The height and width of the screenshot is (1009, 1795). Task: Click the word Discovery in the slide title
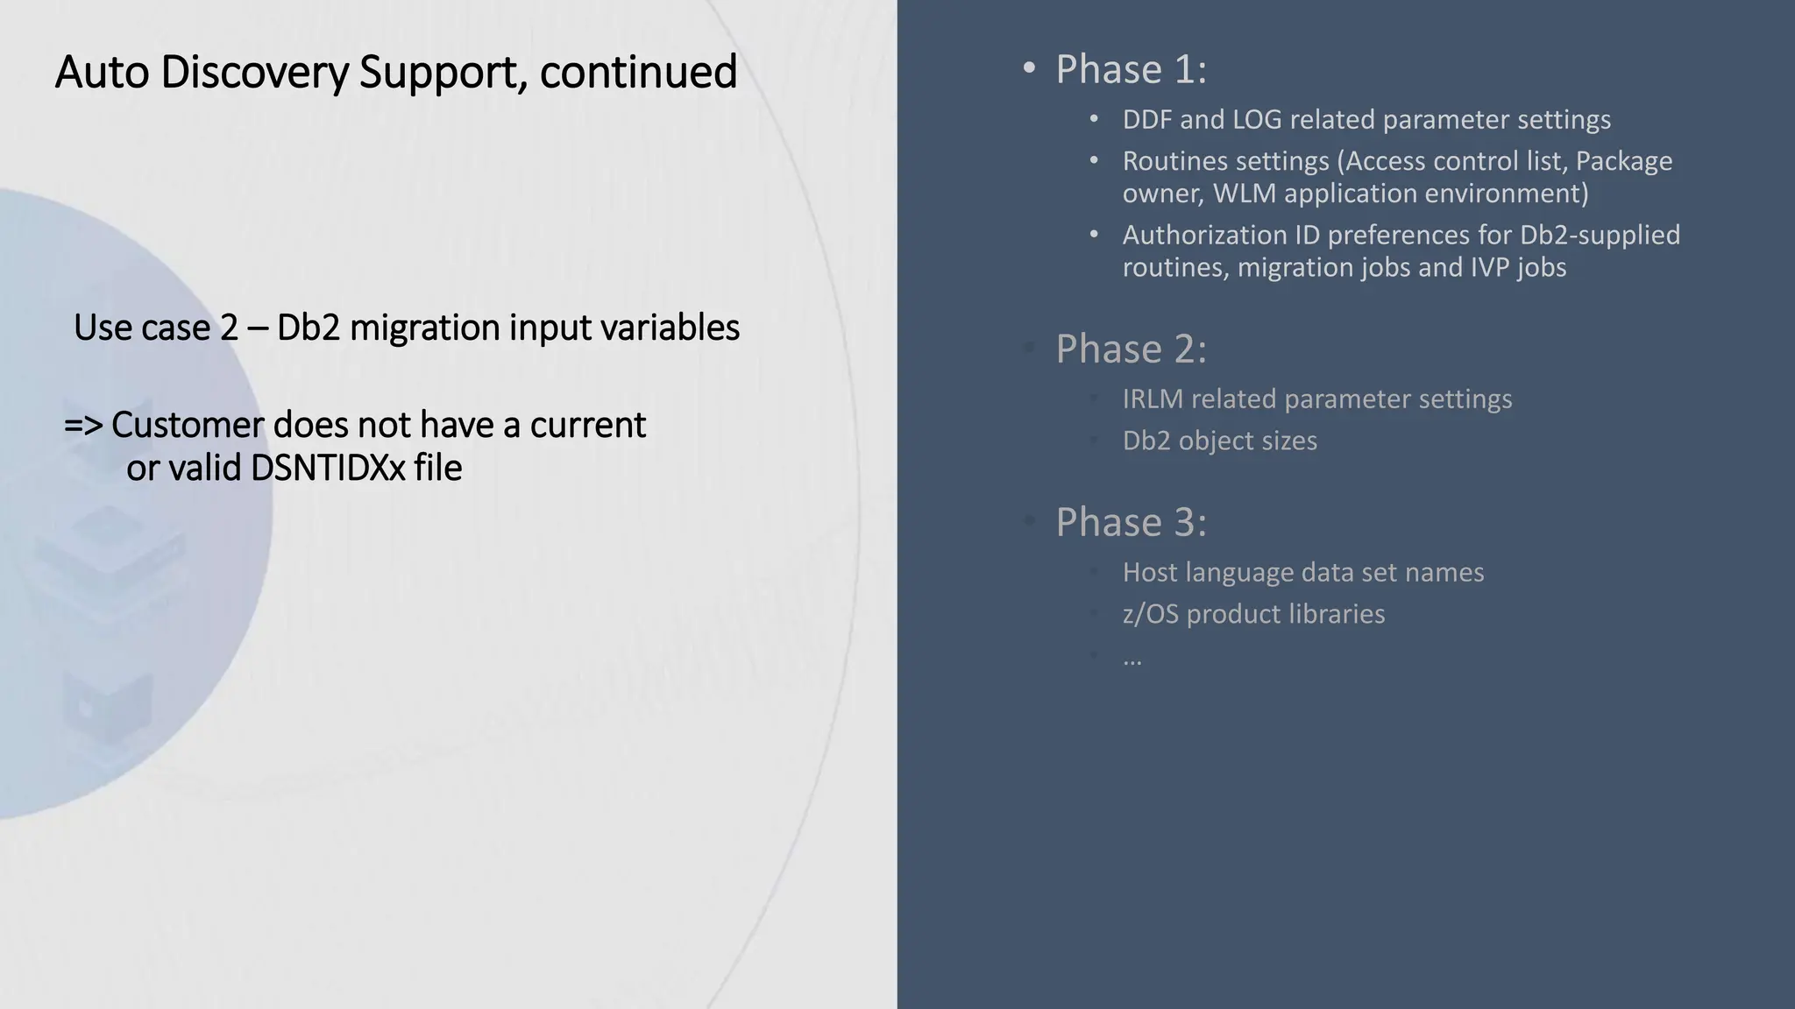point(254,72)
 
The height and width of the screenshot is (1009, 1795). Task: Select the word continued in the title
point(638,72)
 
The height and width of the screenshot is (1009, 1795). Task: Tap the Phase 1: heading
point(1131,69)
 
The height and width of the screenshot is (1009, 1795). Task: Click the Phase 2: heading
point(1131,349)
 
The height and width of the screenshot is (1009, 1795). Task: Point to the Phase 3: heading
point(1131,522)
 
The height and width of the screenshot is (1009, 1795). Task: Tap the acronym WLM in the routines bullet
point(1244,194)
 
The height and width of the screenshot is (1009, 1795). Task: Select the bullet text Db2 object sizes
point(1219,441)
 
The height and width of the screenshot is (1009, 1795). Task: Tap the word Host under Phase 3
point(1148,573)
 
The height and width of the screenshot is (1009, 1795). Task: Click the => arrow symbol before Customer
point(83,426)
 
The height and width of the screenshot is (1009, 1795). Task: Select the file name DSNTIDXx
point(328,469)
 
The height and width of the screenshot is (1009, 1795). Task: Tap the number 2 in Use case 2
point(229,328)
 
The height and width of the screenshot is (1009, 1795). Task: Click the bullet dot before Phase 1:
point(1029,69)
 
